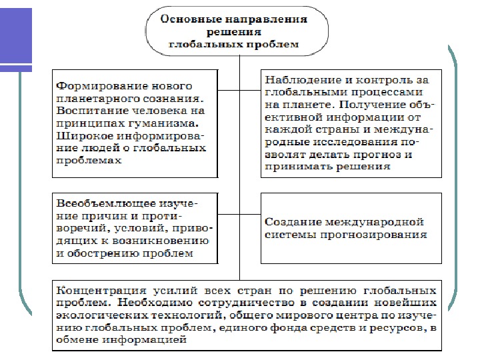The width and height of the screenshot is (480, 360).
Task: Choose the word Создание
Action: (291, 222)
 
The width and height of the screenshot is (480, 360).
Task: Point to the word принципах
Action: (89, 123)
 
